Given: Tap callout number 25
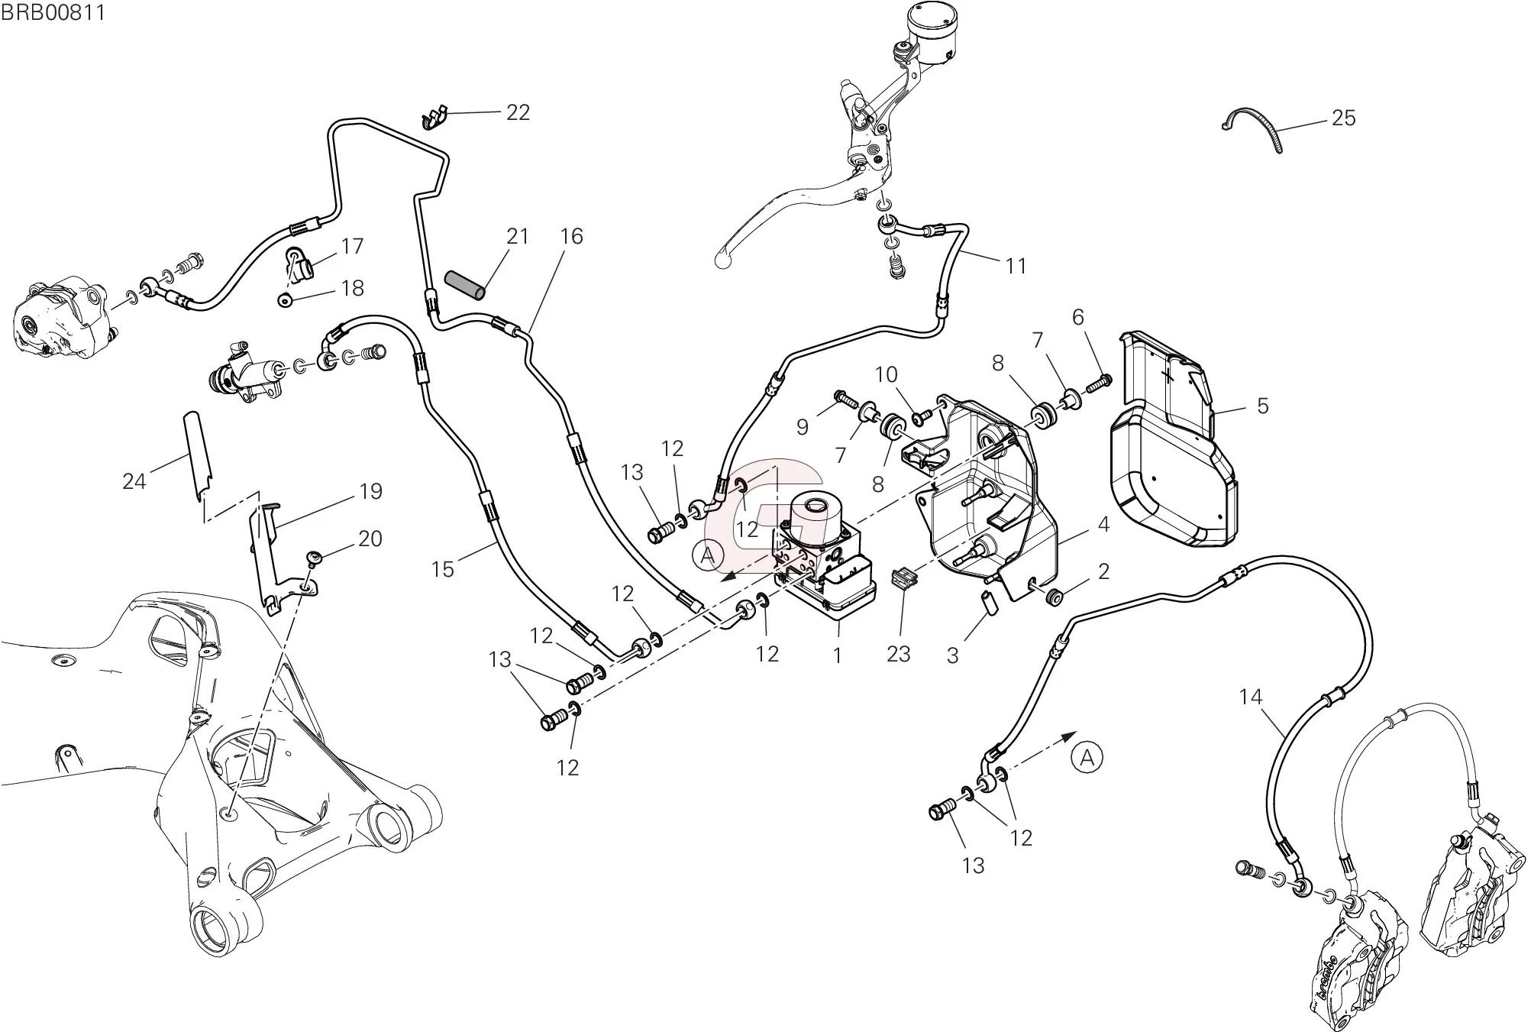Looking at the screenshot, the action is pyautogui.click(x=1343, y=118).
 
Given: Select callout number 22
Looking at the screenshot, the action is pyautogui.click(x=518, y=112).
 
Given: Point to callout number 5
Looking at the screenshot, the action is pyautogui.click(x=1262, y=406).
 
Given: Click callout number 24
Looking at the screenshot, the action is pyautogui.click(x=134, y=481).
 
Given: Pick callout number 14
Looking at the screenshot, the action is pyautogui.click(x=1251, y=697).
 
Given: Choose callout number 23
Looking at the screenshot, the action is pyautogui.click(x=899, y=654).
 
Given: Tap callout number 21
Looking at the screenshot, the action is pyautogui.click(x=517, y=237).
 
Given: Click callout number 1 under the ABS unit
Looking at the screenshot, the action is pyautogui.click(x=837, y=655).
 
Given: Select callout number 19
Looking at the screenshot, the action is pyautogui.click(x=370, y=491).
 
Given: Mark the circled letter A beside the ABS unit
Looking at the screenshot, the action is pyautogui.click(x=708, y=555).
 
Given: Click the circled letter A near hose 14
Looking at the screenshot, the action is pyautogui.click(x=1087, y=759).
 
